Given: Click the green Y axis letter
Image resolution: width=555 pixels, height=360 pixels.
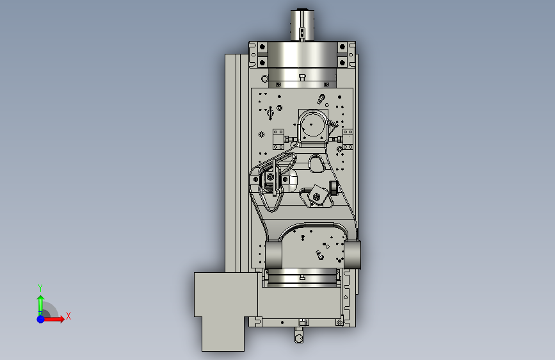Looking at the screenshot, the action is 40,288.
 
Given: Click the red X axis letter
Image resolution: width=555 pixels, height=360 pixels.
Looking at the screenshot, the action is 68,316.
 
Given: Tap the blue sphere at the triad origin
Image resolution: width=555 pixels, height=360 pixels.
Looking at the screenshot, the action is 41,319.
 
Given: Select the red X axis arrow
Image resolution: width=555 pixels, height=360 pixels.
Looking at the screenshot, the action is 53,319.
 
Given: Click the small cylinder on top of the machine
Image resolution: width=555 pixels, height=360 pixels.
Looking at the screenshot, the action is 302,25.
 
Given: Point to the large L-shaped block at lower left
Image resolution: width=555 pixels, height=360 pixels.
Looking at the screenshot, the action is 225,308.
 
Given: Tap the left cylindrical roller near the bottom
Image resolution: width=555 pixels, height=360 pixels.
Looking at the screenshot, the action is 273,254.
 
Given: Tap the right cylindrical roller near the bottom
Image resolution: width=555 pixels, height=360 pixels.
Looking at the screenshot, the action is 353,254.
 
